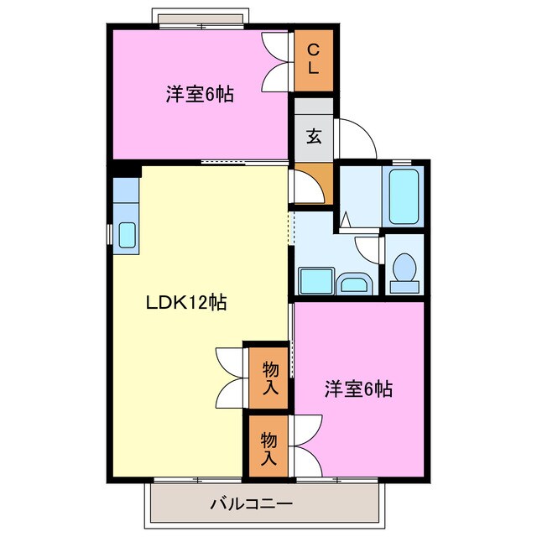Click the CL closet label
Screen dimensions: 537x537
tap(312, 60)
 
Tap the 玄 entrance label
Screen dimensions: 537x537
tap(313, 137)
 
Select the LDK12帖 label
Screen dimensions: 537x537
tap(185, 303)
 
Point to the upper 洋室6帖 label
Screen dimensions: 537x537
tap(199, 95)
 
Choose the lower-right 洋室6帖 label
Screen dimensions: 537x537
tap(359, 388)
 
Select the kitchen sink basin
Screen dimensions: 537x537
tap(127, 235)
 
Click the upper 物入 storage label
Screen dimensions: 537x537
tap(270, 377)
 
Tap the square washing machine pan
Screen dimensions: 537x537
tap(315, 281)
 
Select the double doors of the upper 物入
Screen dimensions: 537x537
tap(230, 376)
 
